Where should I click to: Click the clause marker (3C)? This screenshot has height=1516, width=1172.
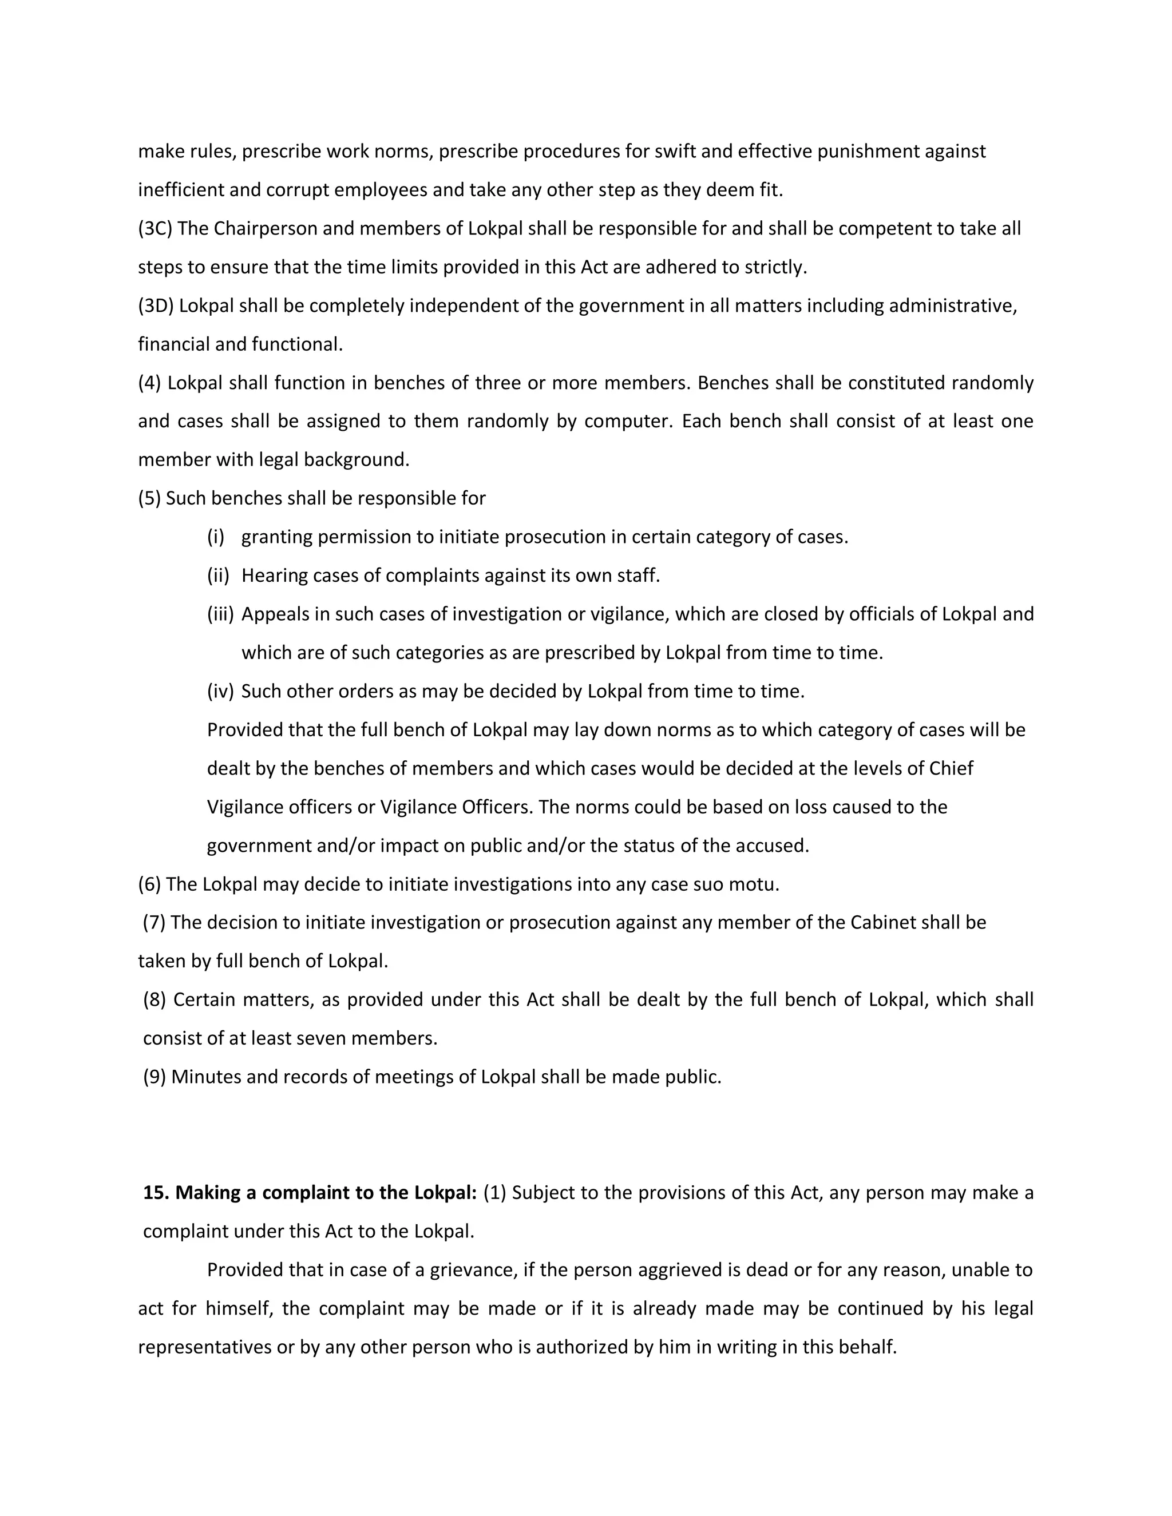[x=155, y=228]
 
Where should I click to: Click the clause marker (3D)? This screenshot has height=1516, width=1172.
[x=156, y=305]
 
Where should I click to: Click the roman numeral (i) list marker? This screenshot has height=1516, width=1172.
[x=215, y=537]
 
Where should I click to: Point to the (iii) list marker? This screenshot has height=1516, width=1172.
[x=220, y=614]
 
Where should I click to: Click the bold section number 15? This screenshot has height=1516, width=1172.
[x=156, y=1193]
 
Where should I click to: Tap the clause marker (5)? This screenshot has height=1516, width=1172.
[x=149, y=498]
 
